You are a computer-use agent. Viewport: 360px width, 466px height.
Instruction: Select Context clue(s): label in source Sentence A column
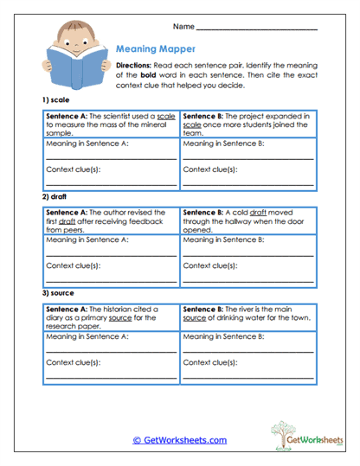coord(74,362)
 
